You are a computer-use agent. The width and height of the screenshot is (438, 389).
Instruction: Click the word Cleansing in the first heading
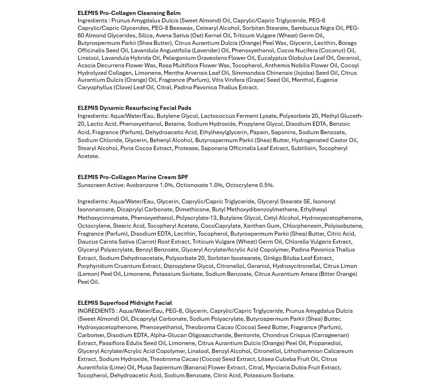[x=153, y=13]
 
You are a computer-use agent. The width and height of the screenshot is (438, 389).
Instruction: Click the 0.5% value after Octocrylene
[x=266, y=185]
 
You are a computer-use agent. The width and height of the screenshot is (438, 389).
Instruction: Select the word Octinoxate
[x=192, y=185]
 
